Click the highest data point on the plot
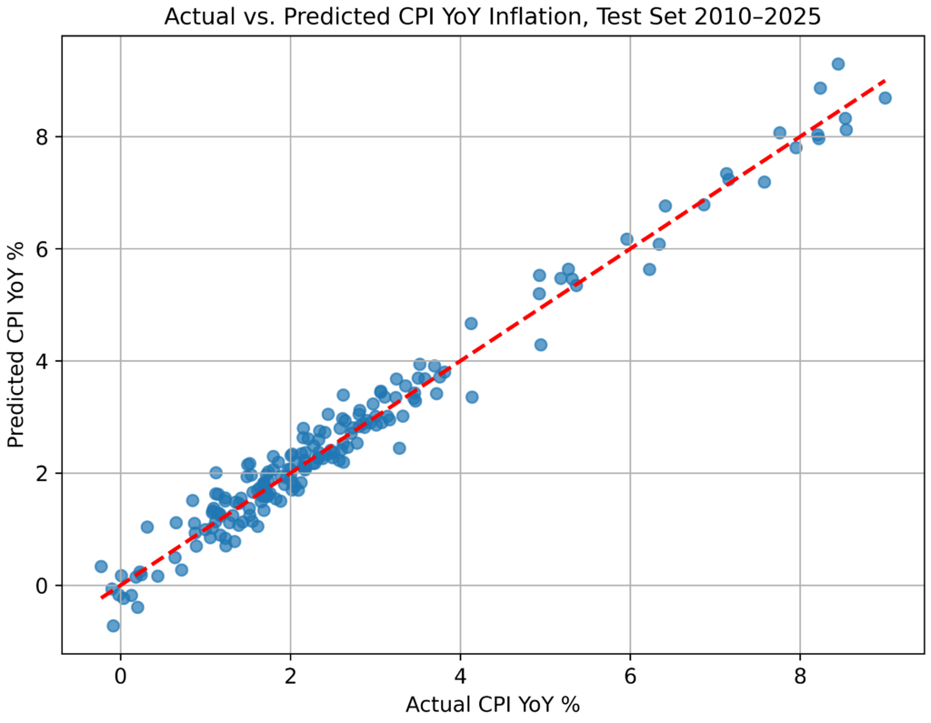(837, 65)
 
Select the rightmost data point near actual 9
(885, 98)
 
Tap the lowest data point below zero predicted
(114, 626)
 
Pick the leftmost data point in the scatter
(101, 567)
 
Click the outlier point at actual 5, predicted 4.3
(540, 345)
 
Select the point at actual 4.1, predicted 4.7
(471, 324)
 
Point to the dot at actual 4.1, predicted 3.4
(472, 397)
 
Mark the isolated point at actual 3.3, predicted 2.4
(399, 448)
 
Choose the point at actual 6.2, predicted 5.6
(649, 269)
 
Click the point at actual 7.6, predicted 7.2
(764, 182)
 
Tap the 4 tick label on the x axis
(460, 677)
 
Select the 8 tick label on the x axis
(800, 677)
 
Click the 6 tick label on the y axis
(42, 249)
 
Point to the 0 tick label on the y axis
(42, 586)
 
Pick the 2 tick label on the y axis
(42, 474)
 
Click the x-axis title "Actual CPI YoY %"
(493, 705)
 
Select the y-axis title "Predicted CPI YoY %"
(16, 345)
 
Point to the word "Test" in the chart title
(617, 16)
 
